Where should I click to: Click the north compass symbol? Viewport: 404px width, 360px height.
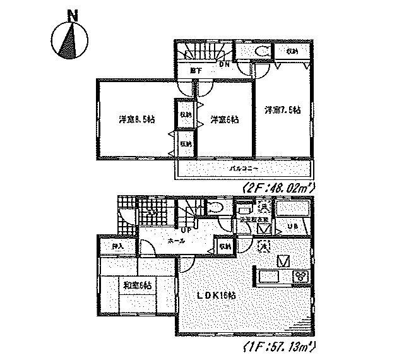(69, 39)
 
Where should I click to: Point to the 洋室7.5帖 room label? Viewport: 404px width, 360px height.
(282, 109)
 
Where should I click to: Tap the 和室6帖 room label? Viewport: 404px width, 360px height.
(138, 285)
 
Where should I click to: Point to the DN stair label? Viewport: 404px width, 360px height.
(224, 63)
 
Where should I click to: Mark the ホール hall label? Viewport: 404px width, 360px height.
(177, 241)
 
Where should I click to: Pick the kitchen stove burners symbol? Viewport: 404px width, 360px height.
(300, 276)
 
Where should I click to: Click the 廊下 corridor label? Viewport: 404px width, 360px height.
(196, 71)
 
